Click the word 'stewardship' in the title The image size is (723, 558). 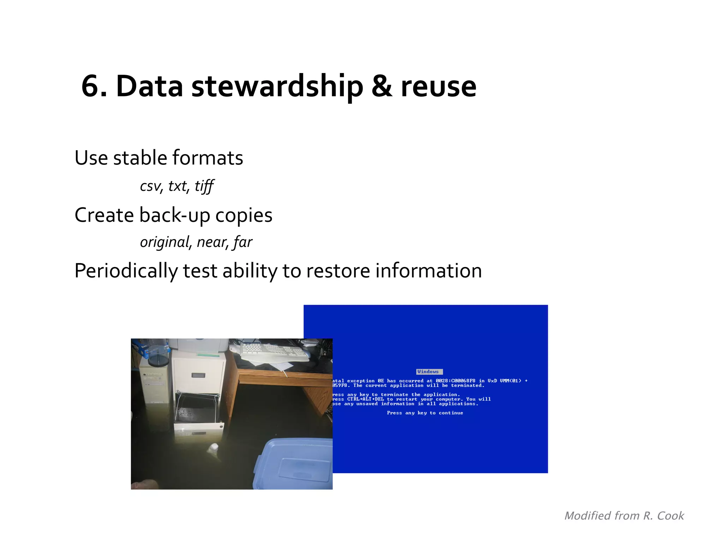(x=277, y=87)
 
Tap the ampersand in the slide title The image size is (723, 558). (x=382, y=87)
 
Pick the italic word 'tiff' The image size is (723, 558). (x=204, y=186)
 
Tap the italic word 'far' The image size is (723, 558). (x=243, y=242)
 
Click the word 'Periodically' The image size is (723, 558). (x=126, y=271)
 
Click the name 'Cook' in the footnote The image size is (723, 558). (x=670, y=516)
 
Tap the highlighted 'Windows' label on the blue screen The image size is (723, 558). (x=429, y=372)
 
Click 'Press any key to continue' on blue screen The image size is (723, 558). (x=425, y=413)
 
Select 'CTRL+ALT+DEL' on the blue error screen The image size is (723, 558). (x=365, y=399)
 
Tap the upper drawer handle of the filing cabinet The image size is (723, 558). (x=198, y=375)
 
